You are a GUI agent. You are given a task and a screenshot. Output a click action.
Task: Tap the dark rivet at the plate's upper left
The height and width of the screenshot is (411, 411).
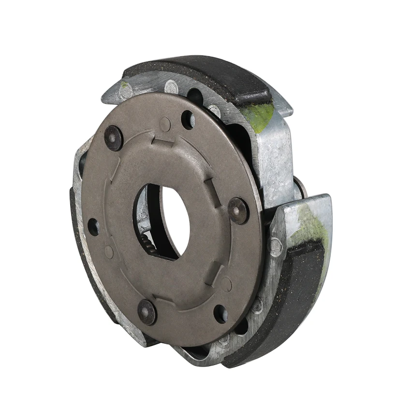click(114, 138)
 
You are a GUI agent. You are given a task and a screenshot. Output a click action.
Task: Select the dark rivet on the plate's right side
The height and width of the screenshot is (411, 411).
click(238, 210)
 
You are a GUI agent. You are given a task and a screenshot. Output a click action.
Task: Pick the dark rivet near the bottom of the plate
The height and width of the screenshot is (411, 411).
click(147, 312)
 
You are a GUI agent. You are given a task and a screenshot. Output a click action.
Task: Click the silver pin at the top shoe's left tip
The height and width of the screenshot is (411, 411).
click(127, 89)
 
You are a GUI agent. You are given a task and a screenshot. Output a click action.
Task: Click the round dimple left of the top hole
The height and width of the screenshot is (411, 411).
click(165, 124)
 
